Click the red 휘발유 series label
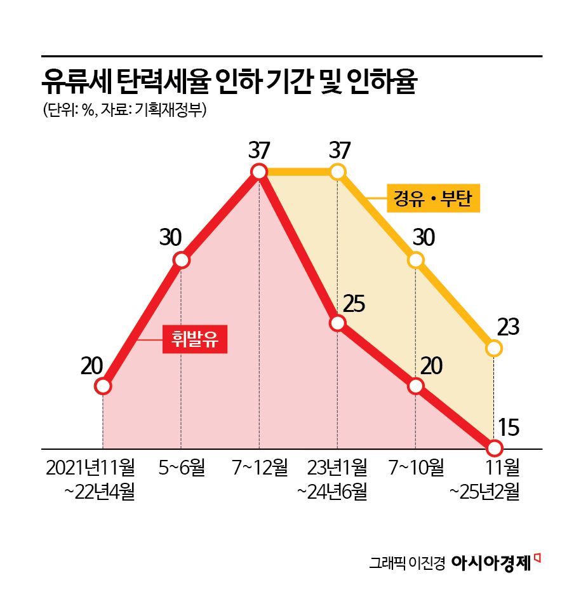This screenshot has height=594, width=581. pyautogui.click(x=194, y=338)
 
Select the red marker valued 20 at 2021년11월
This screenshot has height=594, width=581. pyautogui.click(x=103, y=386)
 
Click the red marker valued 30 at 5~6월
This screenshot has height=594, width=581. pyautogui.click(x=182, y=260)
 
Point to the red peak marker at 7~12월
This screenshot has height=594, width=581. pyautogui.click(x=259, y=172)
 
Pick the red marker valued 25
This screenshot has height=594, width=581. pyautogui.click(x=338, y=323)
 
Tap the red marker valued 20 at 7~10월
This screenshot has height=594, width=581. pyautogui.click(x=416, y=386)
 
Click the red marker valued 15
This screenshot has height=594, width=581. pyautogui.click(x=494, y=447)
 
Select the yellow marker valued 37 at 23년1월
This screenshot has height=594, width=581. pyautogui.click(x=338, y=172)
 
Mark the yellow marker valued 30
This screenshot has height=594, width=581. pyautogui.click(x=416, y=260)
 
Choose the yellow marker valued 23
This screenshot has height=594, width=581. pyautogui.click(x=494, y=348)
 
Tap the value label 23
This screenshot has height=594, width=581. pyautogui.click(x=509, y=328)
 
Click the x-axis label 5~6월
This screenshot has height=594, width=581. pyautogui.click(x=182, y=469)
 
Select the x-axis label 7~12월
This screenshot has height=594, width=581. pyautogui.click(x=259, y=469)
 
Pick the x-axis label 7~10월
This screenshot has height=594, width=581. pyautogui.click(x=416, y=469)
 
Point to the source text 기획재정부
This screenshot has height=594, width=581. pyautogui.click(x=170, y=111)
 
